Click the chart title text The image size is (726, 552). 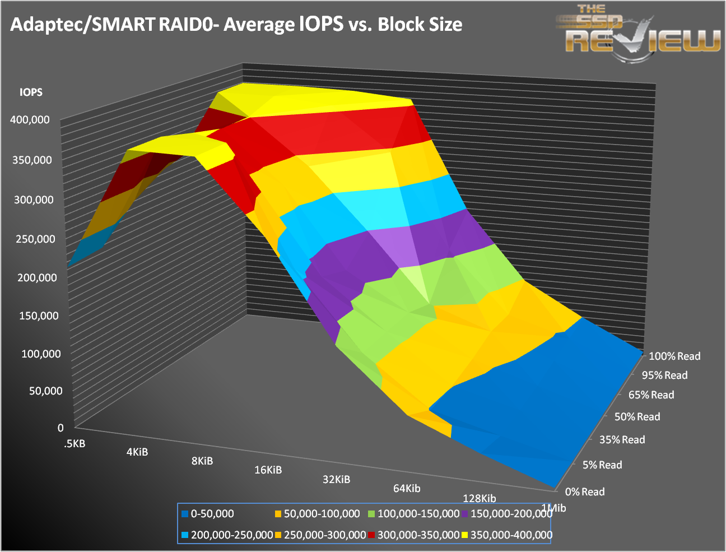[236, 25]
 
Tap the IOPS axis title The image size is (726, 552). [31, 92]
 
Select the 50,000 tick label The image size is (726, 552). [45, 391]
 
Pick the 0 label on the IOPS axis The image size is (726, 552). [61, 428]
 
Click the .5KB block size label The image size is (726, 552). [75, 444]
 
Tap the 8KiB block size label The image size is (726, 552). [202, 461]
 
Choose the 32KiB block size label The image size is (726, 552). [336, 480]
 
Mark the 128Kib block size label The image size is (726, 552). [479, 499]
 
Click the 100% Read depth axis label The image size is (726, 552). [674, 356]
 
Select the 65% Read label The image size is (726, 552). [651, 395]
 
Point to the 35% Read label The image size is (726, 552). [622, 440]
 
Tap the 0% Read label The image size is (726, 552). [585, 492]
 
